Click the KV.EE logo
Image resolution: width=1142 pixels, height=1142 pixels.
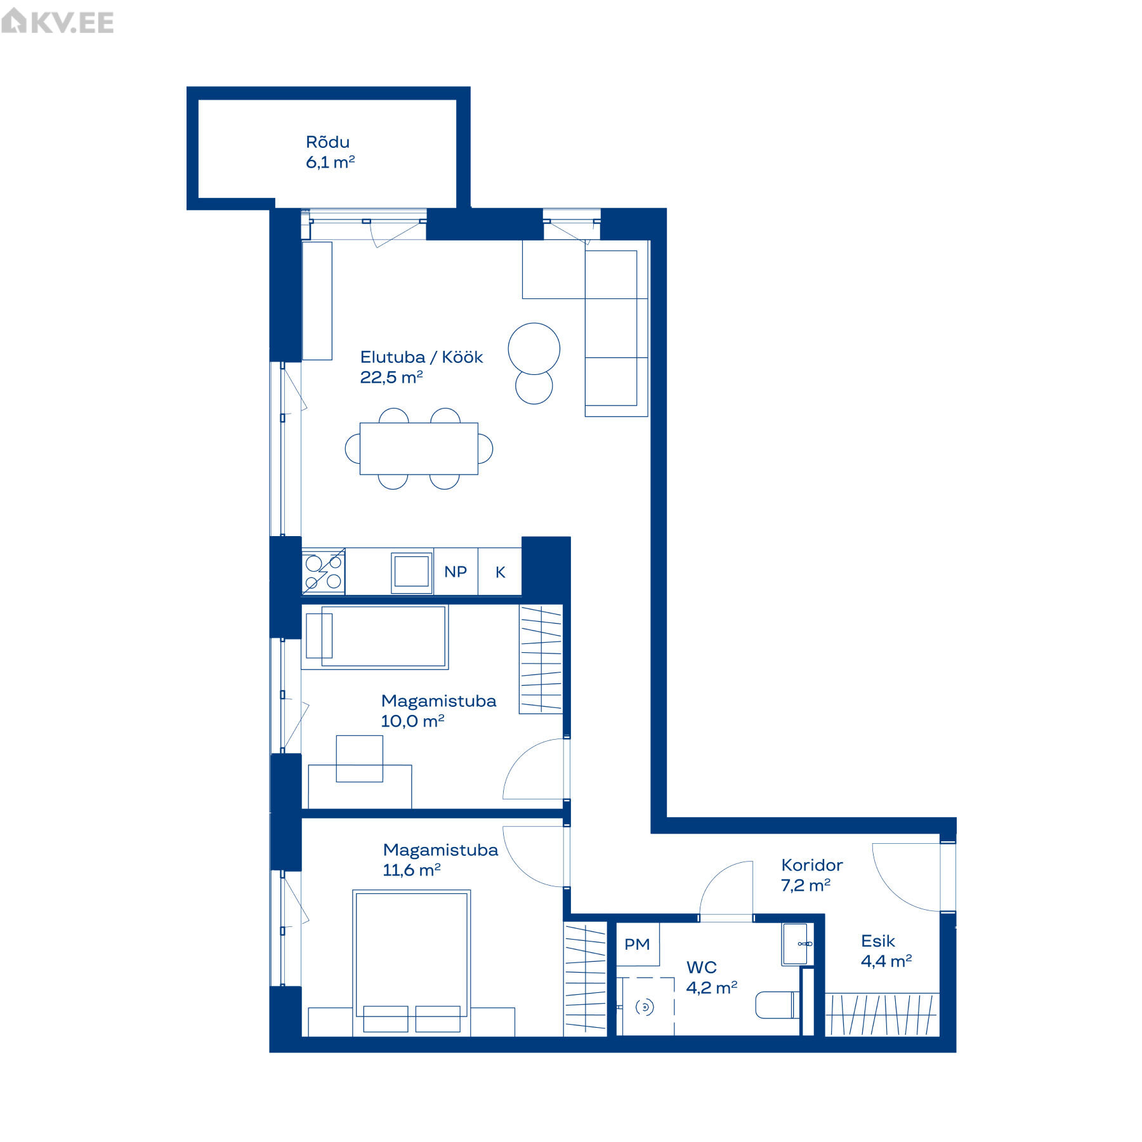tap(58, 22)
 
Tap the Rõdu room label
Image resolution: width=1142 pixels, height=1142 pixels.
tap(327, 142)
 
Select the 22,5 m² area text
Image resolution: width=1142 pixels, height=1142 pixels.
tap(391, 377)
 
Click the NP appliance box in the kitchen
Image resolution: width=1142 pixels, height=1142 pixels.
tap(456, 572)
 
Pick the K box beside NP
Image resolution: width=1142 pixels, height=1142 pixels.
tap(500, 572)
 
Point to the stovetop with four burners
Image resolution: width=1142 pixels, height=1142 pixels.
tap(324, 571)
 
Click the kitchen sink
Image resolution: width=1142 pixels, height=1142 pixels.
tap(412, 572)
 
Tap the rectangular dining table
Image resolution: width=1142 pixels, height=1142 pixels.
tap(419, 449)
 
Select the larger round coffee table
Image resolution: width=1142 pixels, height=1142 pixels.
tap(534, 349)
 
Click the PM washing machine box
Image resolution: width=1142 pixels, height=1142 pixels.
tap(637, 945)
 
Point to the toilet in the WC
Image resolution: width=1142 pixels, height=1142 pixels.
tap(778, 1005)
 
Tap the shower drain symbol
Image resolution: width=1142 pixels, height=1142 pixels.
tap(645, 1007)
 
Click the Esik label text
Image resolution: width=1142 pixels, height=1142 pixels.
tap(878, 941)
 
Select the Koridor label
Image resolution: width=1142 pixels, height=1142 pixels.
tap(812, 865)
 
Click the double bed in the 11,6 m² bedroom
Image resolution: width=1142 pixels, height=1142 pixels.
tap(412, 962)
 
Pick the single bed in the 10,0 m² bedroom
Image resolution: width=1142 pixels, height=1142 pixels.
tap(375, 637)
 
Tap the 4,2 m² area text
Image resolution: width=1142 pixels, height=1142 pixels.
tap(712, 988)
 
